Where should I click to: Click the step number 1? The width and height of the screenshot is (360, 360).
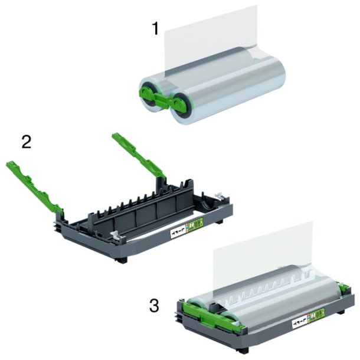(x=155, y=28)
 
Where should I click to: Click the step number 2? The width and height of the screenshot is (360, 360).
(x=27, y=142)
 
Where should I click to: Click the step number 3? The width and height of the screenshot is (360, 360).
(x=153, y=306)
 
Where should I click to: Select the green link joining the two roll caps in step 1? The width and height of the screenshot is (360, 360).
(x=170, y=99)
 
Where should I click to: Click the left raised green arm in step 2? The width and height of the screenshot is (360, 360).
(x=35, y=184)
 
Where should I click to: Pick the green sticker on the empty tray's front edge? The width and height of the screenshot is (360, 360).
(x=195, y=224)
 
